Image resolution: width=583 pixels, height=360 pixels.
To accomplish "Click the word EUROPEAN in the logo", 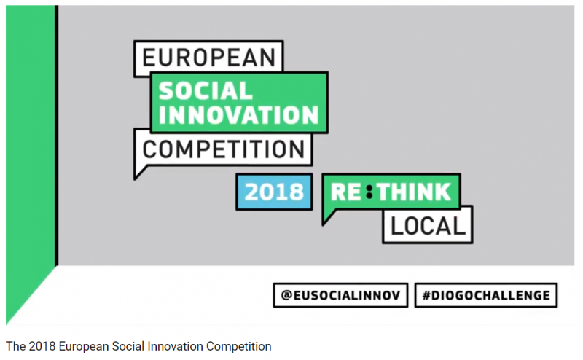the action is click(x=208, y=58).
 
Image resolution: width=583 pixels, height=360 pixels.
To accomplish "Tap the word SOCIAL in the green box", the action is click(x=206, y=91).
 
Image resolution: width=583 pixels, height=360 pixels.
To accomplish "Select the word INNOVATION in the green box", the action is click(x=238, y=114).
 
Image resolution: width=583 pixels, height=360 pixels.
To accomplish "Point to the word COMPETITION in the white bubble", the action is click(x=224, y=149).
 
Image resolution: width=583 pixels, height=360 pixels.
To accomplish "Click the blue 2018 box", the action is click(x=274, y=192).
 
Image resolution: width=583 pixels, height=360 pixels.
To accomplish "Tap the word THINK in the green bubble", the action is click(x=413, y=192).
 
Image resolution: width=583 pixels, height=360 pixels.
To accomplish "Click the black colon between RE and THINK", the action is click(x=369, y=192).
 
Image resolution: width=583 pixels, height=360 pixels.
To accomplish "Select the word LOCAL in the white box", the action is click(x=428, y=226).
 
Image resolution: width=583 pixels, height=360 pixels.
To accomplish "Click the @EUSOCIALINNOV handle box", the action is click(x=340, y=295).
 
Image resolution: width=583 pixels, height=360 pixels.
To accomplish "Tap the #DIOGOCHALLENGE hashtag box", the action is click(x=486, y=295).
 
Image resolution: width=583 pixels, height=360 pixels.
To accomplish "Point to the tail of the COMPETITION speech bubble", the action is click(x=139, y=173).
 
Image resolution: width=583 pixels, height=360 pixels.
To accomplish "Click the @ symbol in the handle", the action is click(x=286, y=295).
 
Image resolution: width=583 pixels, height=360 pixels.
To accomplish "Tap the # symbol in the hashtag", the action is click(x=426, y=295).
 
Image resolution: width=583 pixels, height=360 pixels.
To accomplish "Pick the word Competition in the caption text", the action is click(x=239, y=347).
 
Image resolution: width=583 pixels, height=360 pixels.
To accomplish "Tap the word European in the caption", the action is click(x=84, y=347).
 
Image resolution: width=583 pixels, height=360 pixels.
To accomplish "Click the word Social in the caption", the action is click(x=128, y=346).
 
